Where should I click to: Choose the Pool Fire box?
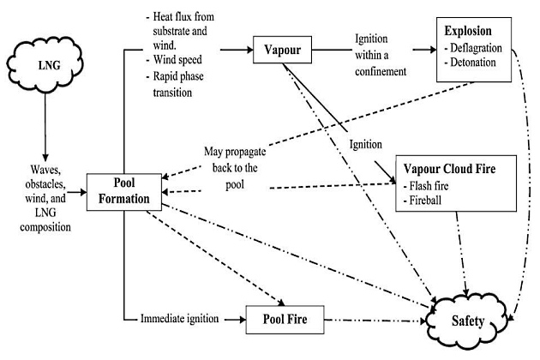[287, 321]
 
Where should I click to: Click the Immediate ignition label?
[183, 319]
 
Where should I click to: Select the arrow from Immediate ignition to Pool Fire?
[234, 320]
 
